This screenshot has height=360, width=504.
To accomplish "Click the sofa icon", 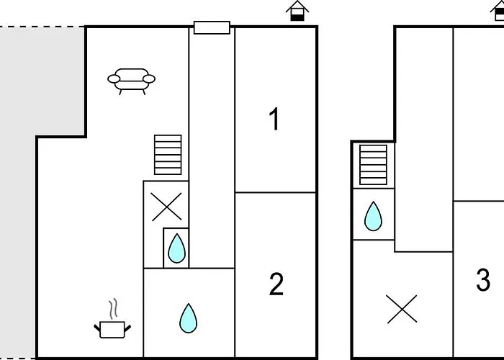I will pyautogui.click(x=131, y=80).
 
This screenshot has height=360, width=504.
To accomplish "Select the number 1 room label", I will pyautogui.click(x=274, y=120).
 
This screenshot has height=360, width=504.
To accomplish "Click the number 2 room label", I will pyautogui.click(x=276, y=285).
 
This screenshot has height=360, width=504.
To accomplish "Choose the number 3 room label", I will pyautogui.click(x=483, y=280).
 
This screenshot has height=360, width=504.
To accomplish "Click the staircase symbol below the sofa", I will pyautogui.click(x=168, y=154).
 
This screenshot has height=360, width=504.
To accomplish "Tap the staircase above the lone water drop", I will pyautogui.click(x=373, y=165).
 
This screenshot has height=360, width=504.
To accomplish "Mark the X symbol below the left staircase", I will pyautogui.click(x=166, y=207).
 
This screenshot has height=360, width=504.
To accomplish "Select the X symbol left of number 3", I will pyautogui.click(x=402, y=310).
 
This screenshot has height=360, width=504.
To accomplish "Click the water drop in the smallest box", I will pyautogui.click(x=176, y=248).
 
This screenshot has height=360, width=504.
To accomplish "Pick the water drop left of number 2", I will pyautogui.click(x=188, y=318).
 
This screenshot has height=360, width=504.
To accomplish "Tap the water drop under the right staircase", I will pyautogui.click(x=373, y=216).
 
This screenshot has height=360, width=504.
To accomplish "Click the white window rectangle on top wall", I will pyautogui.click(x=212, y=28).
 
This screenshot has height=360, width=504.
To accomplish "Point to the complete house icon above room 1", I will pyautogui.click(x=297, y=11).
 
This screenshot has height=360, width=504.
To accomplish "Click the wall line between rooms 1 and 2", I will pyautogui.click(x=276, y=192).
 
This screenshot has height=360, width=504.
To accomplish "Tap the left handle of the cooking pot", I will pyautogui.click(x=98, y=329).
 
